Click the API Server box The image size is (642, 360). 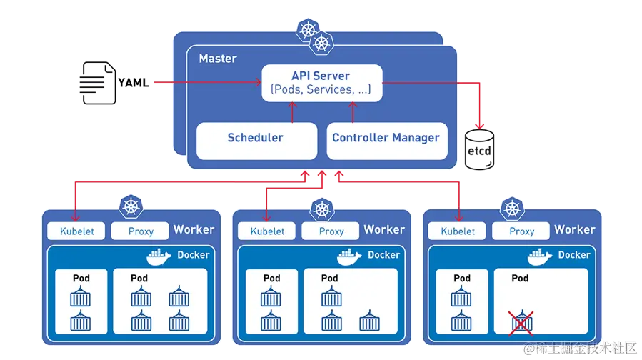[x=321, y=83]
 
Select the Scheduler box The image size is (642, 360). [x=256, y=139]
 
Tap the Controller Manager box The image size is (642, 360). [x=386, y=139]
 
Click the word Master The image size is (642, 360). [x=218, y=59]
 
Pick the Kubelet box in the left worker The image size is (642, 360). [x=76, y=231]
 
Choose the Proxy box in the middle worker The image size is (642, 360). [x=331, y=231]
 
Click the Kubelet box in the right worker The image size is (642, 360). [x=458, y=231]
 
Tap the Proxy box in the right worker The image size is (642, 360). [x=522, y=231]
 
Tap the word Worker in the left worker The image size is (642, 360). [x=194, y=230]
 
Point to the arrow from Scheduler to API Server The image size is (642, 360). [x=291, y=111]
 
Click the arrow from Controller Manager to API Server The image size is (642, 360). [x=351, y=111]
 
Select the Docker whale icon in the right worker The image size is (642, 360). [x=540, y=256]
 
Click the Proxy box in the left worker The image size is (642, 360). [x=141, y=231]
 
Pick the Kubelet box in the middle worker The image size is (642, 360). [x=267, y=231]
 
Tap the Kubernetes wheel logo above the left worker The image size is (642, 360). [x=131, y=208]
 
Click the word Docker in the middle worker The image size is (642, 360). [x=383, y=255]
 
